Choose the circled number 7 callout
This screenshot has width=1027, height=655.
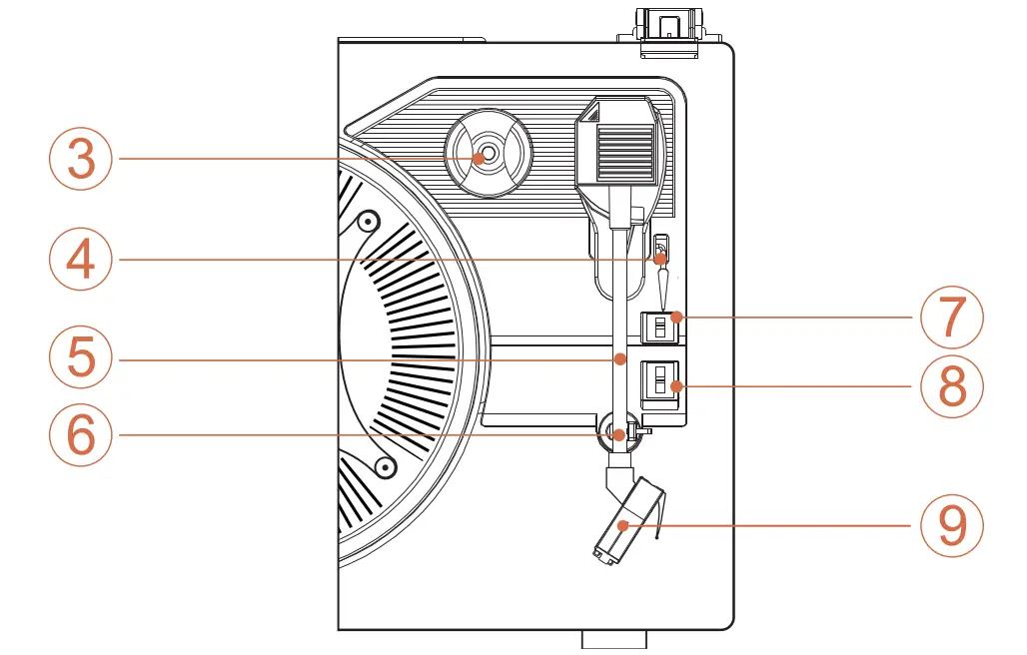point(952,317)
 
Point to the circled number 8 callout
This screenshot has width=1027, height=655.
point(952,386)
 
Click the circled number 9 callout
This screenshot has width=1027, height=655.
point(952,525)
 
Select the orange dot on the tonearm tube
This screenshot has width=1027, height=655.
point(620,357)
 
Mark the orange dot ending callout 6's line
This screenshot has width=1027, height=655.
point(620,434)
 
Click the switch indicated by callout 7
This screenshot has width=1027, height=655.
point(659,327)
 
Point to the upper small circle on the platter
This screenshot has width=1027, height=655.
point(368,221)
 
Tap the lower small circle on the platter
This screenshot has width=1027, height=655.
point(383,464)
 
